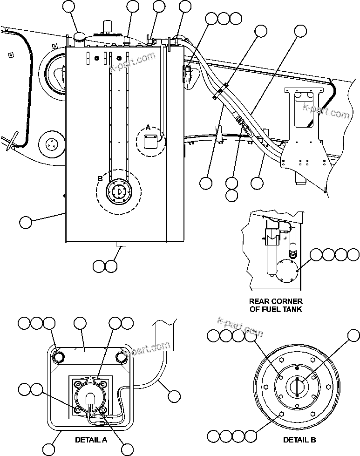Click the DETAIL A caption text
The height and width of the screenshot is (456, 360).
coord(91,439)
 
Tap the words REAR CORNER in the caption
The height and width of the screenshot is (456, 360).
coord(276,301)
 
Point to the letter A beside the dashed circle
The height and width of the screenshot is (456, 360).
coord(148,127)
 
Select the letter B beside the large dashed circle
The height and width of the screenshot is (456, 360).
coord(100,177)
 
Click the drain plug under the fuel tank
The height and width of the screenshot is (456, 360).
coord(122,245)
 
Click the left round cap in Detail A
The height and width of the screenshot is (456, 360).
coord(58,357)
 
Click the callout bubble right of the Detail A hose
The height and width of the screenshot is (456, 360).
coord(174,396)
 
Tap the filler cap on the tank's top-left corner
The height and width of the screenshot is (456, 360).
coord(78,38)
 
